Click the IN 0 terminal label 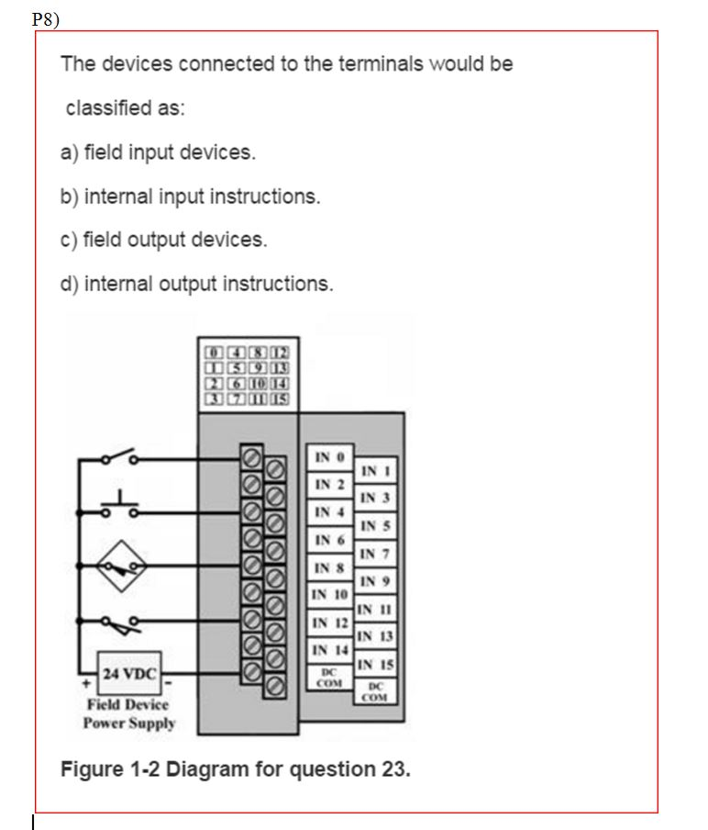click(x=330, y=457)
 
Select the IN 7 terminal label click(x=375, y=554)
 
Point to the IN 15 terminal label click(x=375, y=664)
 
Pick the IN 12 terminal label click(x=330, y=623)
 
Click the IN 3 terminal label click(x=375, y=497)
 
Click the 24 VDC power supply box click(x=129, y=673)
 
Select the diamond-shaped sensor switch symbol click(x=122, y=566)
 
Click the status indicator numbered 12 click(x=280, y=353)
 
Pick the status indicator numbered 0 click(x=214, y=353)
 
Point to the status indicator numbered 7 click(x=236, y=399)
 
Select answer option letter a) click(x=69, y=153)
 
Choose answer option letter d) click(x=69, y=284)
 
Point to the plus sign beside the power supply click(x=86, y=683)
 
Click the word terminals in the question click(x=381, y=64)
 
